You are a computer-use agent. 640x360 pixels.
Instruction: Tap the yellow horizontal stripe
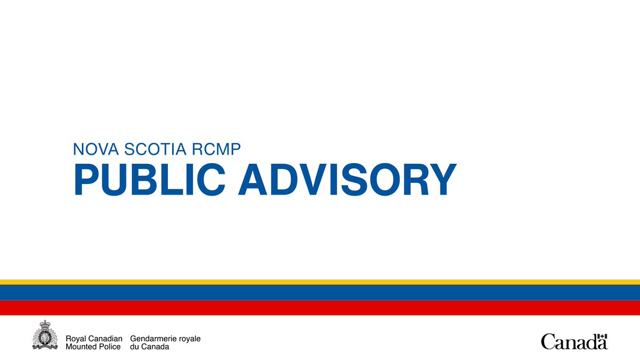pyautogui.click(x=320, y=282)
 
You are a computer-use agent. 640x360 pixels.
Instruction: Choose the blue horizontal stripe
pyautogui.click(x=320, y=292)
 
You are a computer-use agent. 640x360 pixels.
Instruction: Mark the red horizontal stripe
pyautogui.click(x=320, y=308)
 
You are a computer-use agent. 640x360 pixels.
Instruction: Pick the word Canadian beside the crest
pyautogui.click(x=105, y=339)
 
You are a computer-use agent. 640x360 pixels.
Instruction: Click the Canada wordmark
pyautogui.click(x=574, y=341)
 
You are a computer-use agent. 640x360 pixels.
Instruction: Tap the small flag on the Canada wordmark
pyautogui.click(x=602, y=337)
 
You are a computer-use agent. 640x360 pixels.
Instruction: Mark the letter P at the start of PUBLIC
pyautogui.click(x=84, y=180)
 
